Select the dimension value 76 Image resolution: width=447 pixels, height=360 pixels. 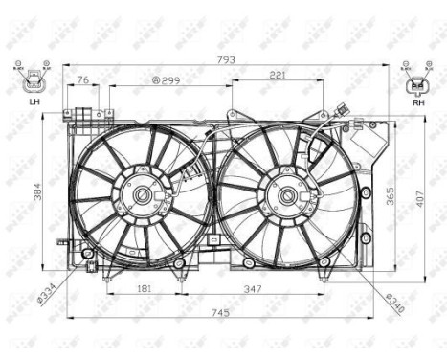(x=83, y=79)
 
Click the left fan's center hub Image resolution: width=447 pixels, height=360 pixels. (x=142, y=195)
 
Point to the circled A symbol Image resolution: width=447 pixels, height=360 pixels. (x=155, y=80)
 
